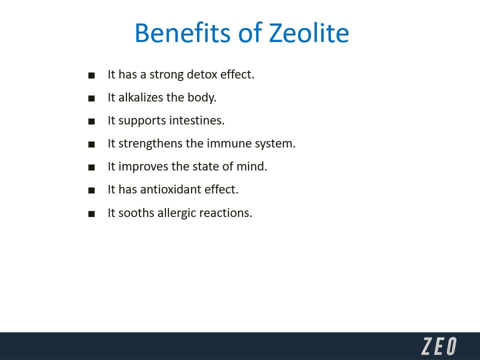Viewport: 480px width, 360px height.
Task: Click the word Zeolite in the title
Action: click(309, 32)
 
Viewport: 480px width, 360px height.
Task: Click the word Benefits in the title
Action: click(182, 32)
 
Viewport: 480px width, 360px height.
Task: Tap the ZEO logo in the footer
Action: click(439, 346)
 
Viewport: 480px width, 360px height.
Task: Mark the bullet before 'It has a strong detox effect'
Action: click(91, 75)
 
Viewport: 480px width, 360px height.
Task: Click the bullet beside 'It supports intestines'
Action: click(91, 121)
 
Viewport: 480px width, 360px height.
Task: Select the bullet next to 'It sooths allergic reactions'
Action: click(91, 213)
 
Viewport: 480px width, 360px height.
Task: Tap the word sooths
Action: click(136, 213)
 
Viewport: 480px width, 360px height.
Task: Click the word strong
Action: click(166, 75)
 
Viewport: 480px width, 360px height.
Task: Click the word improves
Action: click(143, 167)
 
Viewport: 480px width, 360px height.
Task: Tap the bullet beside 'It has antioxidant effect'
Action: click(91, 190)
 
